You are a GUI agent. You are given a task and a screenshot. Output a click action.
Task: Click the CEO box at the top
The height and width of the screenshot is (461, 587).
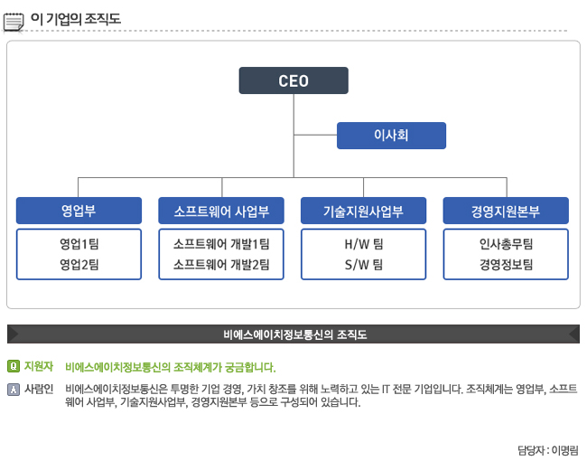click(x=293, y=80)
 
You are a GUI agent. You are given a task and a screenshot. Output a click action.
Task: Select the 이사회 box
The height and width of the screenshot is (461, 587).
click(x=391, y=136)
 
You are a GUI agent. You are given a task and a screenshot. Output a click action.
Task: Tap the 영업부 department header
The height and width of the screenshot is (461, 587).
click(x=79, y=211)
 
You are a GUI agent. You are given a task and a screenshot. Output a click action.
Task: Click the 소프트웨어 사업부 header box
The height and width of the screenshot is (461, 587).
click(x=221, y=211)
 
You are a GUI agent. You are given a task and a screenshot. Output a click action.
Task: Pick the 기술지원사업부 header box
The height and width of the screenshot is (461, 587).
click(x=363, y=211)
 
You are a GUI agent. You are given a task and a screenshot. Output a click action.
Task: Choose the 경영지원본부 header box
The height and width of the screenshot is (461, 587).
click(x=506, y=211)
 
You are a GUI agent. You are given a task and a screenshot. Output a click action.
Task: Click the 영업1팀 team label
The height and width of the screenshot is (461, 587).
click(x=79, y=244)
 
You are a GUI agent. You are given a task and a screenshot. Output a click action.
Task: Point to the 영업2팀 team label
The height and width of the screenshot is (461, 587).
click(x=79, y=264)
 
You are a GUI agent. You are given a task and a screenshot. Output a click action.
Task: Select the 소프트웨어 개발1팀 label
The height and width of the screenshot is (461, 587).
click(x=221, y=244)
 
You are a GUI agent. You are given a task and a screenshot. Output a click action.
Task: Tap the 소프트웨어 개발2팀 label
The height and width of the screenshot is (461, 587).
click(x=221, y=264)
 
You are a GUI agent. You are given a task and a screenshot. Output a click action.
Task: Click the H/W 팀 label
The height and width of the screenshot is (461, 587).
click(x=363, y=244)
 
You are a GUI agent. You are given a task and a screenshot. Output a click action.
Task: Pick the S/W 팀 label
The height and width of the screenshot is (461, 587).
click(x=363, y=264)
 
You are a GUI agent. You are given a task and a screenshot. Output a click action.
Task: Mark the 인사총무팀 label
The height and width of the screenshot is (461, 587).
click(x=506, y=244)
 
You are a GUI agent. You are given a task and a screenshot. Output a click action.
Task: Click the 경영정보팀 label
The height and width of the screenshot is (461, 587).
click(x=506, y=264)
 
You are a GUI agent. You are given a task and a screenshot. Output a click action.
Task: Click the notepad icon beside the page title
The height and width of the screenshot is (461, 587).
click(x=14, y=19)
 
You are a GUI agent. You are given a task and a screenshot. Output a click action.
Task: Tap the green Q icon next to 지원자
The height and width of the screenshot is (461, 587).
click(x=13, y=366)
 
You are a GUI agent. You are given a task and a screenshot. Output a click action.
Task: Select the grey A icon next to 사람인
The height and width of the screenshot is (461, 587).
click(x=13, y=390)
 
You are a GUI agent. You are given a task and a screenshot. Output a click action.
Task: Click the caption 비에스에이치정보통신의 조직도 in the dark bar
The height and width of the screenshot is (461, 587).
click(x=294, y=334)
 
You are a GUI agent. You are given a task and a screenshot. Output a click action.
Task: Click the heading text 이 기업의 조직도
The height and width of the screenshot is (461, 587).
click(x=75, y=19)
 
